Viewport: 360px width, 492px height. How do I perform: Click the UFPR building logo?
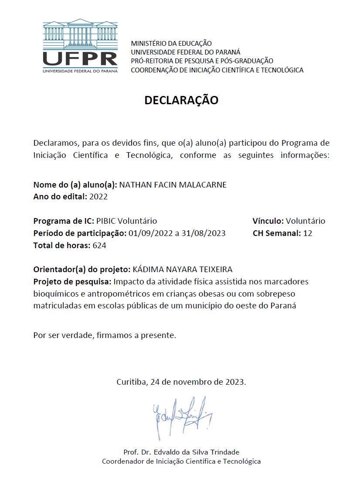coord(80,46)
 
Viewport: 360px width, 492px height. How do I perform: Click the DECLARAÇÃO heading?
coord(181,100)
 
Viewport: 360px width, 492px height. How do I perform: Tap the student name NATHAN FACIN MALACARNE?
coord(173,184)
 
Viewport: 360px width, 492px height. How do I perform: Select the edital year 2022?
coord(98,197)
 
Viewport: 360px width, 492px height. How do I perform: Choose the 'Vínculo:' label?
coord(268,221)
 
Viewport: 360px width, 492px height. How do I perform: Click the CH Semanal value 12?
coord(308,233)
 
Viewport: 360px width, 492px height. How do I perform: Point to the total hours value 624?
coord(99,246)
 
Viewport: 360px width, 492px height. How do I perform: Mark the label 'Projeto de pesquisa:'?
coord(72,281)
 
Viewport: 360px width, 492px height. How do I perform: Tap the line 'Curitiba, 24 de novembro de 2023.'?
coord(181,382)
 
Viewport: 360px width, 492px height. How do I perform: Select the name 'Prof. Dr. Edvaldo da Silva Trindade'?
coord(181,452)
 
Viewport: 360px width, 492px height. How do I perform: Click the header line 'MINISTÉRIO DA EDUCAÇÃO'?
coord(171,44)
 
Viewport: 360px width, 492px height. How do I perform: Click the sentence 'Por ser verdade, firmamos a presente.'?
coord(105,336)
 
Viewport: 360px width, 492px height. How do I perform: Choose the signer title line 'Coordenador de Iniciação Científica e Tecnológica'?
coord(181,461)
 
